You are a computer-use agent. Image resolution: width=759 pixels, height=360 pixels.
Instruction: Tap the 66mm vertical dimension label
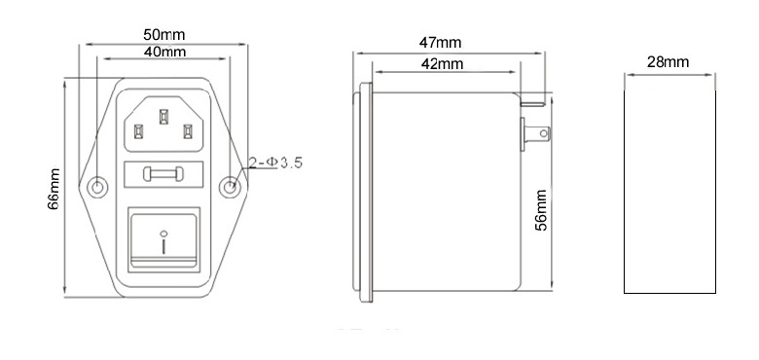tap(54, 188)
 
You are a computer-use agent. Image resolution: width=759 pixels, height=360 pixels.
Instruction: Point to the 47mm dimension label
tap(440, 43)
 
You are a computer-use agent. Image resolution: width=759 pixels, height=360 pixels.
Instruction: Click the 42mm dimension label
tap(440, 62)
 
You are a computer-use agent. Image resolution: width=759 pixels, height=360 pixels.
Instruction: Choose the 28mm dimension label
tap(668, 61)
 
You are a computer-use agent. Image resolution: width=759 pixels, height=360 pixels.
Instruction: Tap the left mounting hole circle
tap(98, 187)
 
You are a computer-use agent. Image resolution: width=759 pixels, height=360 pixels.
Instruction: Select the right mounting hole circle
tap(232, 187)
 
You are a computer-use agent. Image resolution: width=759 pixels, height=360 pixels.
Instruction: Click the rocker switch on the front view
tap(164, 238)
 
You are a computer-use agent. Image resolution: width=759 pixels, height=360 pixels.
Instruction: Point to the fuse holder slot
tap(164, 176)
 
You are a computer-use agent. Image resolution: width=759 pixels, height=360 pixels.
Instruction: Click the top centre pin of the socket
tap(164, 118)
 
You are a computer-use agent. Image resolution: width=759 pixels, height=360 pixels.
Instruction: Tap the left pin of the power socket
tap(138, 127)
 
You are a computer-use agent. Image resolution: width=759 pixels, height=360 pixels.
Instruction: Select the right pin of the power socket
tap(191, 127)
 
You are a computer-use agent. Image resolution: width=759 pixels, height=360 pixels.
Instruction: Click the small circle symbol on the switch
tap(164, 233)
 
